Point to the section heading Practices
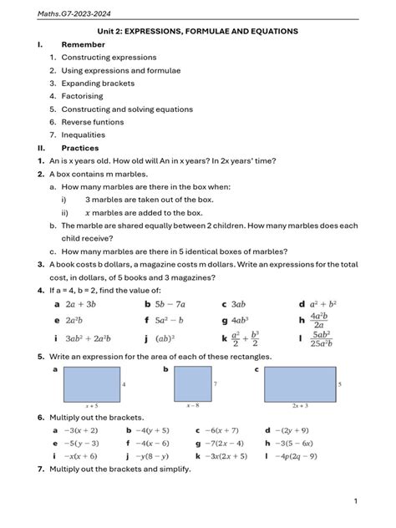click(x=80, y=148)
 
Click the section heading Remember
click(x=83, y=44)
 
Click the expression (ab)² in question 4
click(x=167, y=339)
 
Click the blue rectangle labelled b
click(x=193, y=385)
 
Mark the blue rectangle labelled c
click(x=300, y=384)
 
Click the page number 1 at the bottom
click(x=355, y=501)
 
